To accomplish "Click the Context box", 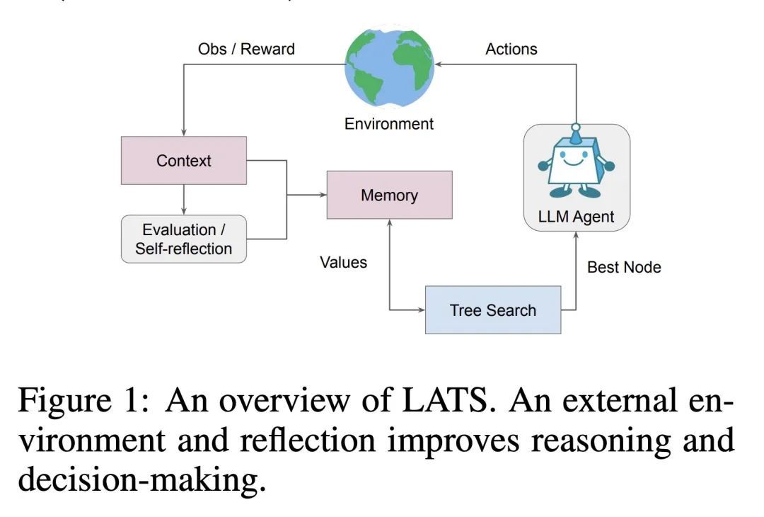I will tap(184, 161).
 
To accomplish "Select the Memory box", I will tap(389, 195).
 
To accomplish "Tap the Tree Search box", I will tap(492, 310).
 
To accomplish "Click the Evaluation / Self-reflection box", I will tap(184, 239).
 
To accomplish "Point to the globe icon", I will tap(388, 64).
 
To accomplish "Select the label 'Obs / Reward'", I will tap(246, 50).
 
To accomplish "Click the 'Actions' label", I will tap(511, 50).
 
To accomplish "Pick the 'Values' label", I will tap(344, 263).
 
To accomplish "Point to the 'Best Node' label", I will tap(624, 267).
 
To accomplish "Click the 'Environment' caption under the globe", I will tap(388, 124).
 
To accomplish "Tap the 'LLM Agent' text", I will tap(576, 217).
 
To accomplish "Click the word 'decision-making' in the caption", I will tap(139, 480).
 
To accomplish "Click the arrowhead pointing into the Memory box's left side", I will tap(322, 195).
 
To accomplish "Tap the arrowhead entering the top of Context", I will tap(184, 132).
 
